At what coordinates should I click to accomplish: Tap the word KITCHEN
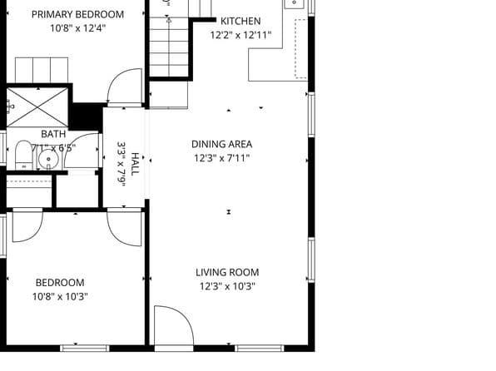pos(240,21)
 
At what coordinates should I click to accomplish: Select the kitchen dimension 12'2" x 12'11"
pos(241,35)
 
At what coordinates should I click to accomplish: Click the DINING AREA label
pos(221,144)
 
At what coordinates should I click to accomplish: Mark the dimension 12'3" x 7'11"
pos(221,157)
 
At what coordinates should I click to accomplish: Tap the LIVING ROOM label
pos(227,272)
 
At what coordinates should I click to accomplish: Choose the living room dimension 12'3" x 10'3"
pos(227,286)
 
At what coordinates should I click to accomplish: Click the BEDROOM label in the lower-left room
pos(60,282)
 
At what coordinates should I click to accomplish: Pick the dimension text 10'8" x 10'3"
pos(60,296)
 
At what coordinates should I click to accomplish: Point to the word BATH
pos(53,134)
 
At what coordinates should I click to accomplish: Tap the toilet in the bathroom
pos(22,156)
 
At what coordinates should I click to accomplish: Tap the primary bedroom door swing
pos(126,87)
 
